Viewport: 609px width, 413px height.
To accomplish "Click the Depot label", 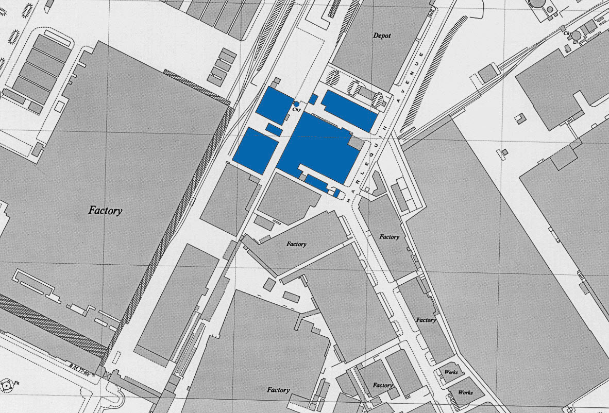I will (x=382, y=36).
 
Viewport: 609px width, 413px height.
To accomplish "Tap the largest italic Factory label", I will (x=105, y=210).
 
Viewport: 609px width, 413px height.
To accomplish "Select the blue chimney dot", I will (x=296, y=104).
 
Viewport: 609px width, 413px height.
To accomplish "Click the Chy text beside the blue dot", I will (x=296, y=110).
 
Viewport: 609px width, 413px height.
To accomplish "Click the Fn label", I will (x=16, y=383).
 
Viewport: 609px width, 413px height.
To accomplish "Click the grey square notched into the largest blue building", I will (x=356, y=143).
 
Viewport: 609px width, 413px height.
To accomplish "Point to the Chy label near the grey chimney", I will (x=568, y=34).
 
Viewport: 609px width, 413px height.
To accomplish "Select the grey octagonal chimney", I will (x=577, y=35).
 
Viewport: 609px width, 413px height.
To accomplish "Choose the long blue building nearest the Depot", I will (x=350, y=111).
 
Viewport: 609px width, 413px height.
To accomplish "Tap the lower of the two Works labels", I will (x=465, y=392).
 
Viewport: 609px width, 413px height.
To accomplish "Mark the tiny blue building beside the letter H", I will (x=336, y=193).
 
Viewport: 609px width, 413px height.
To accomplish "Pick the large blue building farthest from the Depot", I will (x=256, y=150).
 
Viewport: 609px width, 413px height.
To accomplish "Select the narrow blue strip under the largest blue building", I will (x=316, y=182).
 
